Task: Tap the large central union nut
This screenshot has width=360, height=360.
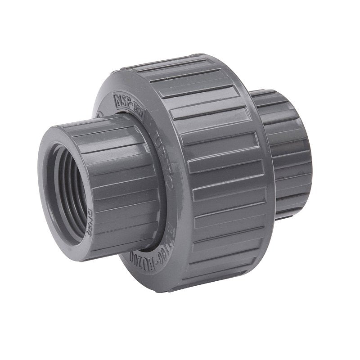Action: tap(216, 171)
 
